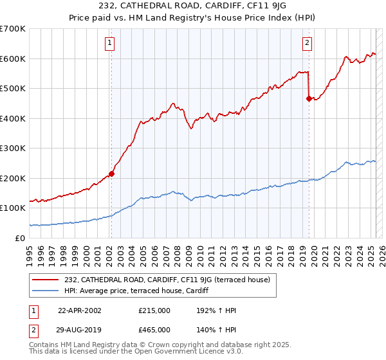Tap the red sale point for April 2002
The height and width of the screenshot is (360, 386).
tap(111, 174)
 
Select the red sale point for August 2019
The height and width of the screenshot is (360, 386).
tap(309, 98)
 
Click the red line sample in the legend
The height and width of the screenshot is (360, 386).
tap(46, 279)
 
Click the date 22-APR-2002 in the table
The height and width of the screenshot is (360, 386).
tap(80, 310)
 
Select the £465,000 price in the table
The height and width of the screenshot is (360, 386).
tap(154, 330)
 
